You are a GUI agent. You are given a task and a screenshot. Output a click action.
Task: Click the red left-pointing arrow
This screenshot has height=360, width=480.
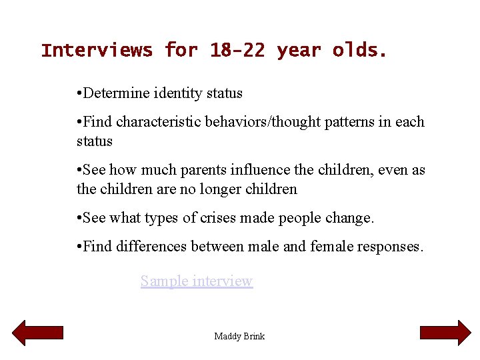38,333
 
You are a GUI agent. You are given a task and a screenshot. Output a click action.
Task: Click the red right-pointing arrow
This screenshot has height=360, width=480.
445,333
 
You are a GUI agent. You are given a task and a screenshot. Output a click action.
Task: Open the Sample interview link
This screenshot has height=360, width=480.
197,281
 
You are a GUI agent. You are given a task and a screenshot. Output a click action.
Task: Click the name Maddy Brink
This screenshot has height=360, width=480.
239,336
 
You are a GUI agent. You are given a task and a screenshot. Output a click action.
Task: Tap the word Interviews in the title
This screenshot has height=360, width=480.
97,51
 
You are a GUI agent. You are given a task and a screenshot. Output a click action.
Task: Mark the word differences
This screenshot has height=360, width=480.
151,247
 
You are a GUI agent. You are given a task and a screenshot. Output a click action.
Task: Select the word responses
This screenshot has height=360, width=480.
389,247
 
